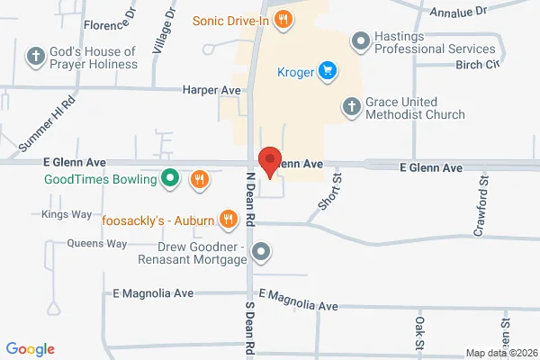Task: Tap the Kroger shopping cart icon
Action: [x=328, y=69]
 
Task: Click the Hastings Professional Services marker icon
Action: [x=360, y=40]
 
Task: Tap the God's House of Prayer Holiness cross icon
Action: [x=36, y=57]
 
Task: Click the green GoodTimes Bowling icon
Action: [x=168, y=178]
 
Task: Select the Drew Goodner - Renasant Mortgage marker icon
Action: [x=261, y=252]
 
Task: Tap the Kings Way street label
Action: [x=67, y=214]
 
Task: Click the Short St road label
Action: [x=330, y=194]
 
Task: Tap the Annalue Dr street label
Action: [x=456, y=12]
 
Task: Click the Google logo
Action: [x=31, y=349]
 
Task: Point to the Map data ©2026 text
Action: [x=500, y=352]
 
